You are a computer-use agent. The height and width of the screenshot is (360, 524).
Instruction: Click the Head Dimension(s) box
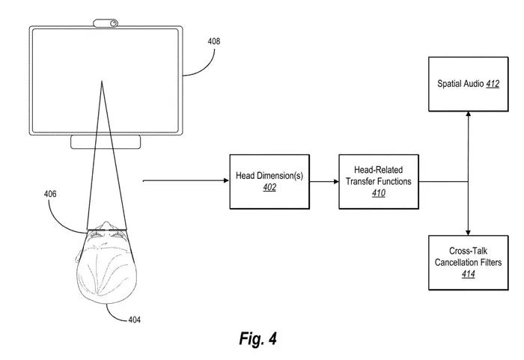pos(269,181)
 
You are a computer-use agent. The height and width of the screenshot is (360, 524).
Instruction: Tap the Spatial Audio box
pos(468,84)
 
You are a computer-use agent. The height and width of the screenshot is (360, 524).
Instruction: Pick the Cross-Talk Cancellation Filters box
pos(468,262)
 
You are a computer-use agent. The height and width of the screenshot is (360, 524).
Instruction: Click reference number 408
pos(214,42)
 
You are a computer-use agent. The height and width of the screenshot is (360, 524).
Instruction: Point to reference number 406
pos(49,195)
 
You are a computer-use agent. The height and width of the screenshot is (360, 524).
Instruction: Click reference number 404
pos(134,320)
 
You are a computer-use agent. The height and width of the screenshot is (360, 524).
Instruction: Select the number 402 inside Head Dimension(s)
pos(269,188)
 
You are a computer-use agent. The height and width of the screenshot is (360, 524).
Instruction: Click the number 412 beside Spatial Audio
pos(492,85)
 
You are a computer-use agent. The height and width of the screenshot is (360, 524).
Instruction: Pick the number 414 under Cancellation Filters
pos(468,275)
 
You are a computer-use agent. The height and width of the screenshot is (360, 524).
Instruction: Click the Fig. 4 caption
pos(258,339)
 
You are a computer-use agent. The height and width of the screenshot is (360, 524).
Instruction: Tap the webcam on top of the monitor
pos(106,23)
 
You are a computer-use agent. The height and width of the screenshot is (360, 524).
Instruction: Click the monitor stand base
pos(105,142)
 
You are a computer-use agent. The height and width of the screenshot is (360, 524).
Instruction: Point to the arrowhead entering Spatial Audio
pos(468,115)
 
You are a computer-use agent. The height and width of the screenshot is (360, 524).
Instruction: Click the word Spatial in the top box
pos(451,85)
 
